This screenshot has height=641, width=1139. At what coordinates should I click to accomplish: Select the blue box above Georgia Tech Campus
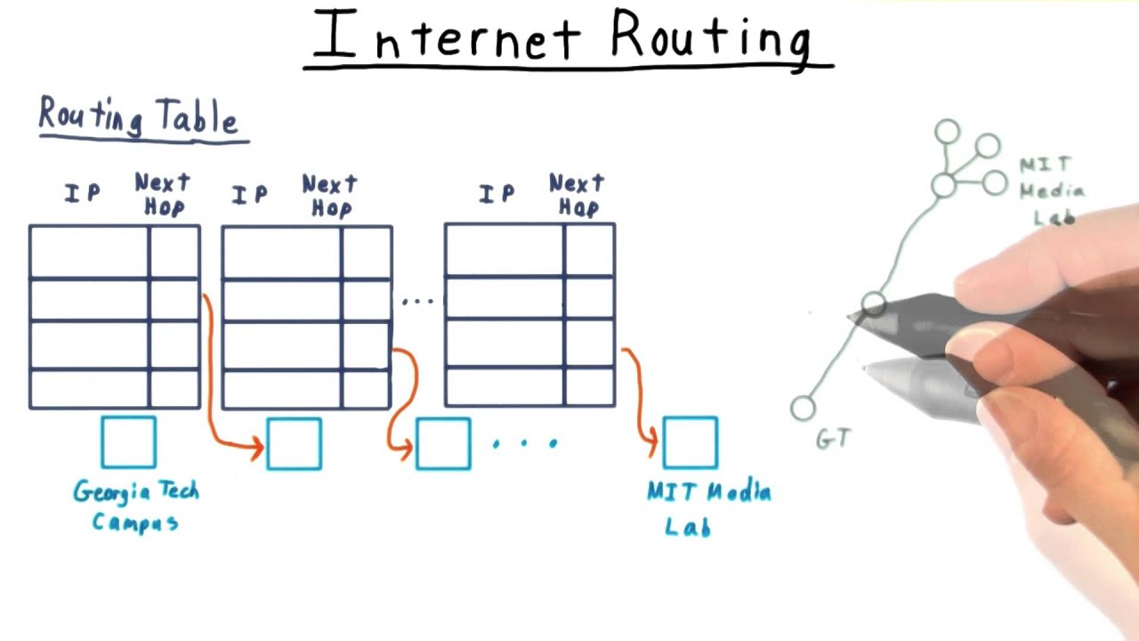click(128, 442)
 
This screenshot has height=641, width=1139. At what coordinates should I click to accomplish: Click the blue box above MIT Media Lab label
click(691, 442)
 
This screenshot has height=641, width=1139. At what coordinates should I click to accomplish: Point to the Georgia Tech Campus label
click(135, 506)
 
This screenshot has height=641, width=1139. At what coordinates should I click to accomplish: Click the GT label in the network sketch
click(834, 438)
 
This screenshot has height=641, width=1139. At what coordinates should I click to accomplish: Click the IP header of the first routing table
click(83, 193)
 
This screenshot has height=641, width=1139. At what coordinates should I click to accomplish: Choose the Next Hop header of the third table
click(577, 196)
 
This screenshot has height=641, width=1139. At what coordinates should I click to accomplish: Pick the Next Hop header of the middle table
click(329, 196)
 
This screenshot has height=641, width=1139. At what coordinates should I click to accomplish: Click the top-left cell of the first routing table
click(89, 252)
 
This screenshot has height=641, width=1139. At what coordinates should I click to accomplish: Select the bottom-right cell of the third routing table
click(589, 387)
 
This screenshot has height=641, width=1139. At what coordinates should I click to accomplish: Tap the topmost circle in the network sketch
click(947, 133)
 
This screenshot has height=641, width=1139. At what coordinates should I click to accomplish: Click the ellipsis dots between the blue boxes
click(525, 442)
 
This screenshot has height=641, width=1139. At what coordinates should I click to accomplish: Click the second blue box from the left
click(294, 443)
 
